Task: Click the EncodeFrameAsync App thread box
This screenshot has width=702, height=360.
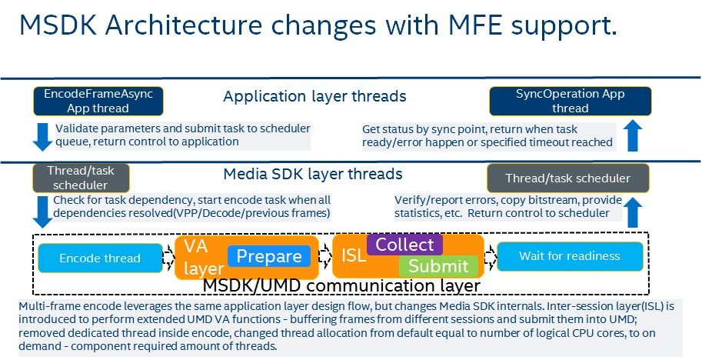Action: tap(92, 101)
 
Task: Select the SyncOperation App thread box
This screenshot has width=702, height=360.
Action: tap(570, 101)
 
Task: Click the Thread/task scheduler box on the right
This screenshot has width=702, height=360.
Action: tap(567, 178)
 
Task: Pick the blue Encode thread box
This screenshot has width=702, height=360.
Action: tap(100, 258)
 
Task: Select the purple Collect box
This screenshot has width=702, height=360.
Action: tap(404, 245)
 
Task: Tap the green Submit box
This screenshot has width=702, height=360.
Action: tap(438, 266)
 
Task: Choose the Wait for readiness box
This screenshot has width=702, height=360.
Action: tap(569, 256)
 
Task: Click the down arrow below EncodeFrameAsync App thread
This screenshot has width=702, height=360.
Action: tap(43, 135)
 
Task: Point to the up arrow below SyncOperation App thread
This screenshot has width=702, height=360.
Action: tap(631, 135)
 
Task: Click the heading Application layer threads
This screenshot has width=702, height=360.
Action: tap(314, 96)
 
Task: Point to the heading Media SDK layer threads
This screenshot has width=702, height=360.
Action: tap(313, 174)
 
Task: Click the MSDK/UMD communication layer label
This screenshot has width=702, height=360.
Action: tap(341, 286)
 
